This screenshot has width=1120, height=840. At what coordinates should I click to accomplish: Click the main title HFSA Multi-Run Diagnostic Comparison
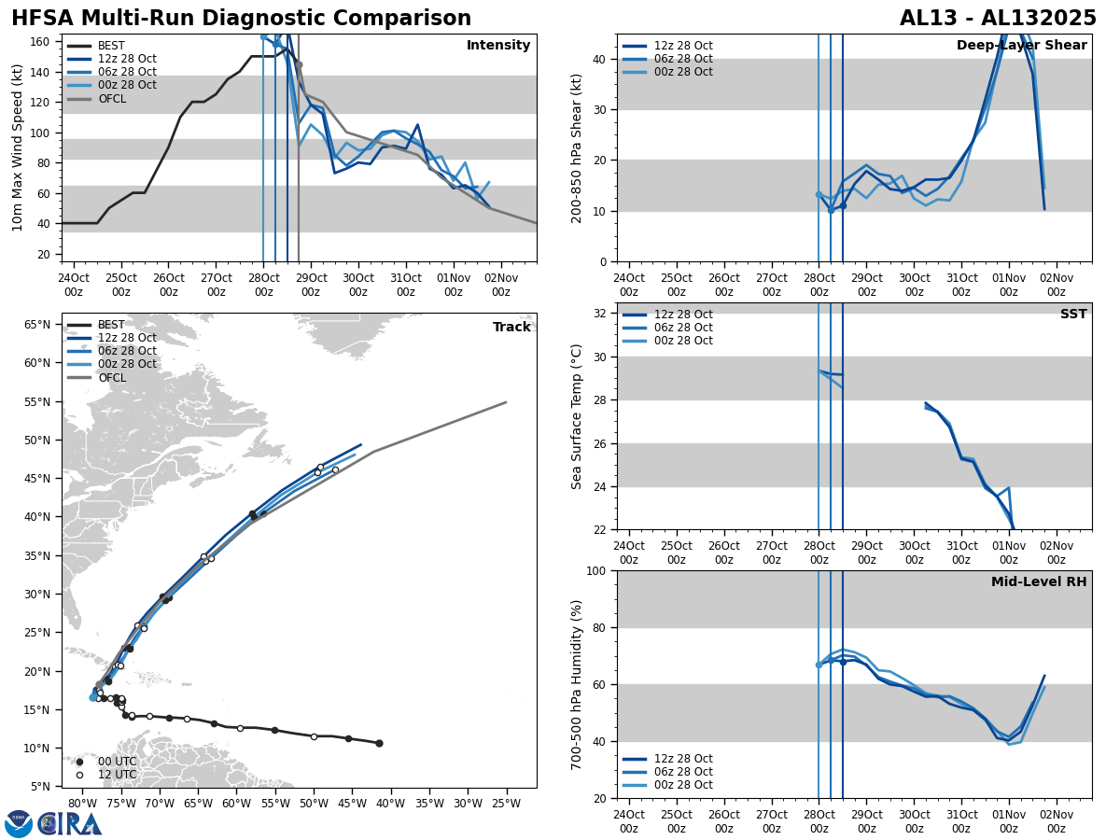pos(241,19)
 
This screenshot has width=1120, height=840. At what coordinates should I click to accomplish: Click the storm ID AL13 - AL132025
pos(998,19)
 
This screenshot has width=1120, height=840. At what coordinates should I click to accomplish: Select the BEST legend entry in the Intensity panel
pos(110,46)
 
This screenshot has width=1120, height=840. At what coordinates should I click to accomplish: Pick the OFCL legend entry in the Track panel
pos(111,378)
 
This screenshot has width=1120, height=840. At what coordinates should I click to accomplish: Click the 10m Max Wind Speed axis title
pos(18,147)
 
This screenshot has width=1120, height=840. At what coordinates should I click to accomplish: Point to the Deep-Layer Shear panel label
pos(1021,46)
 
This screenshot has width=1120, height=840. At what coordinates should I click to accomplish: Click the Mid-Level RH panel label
pos(1038,582)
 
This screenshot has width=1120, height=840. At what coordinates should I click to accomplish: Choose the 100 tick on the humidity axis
pos(598,571)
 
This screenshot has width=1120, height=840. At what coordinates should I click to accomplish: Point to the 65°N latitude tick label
pos(37,325)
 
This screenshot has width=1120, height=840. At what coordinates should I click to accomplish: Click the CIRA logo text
pos(69,823)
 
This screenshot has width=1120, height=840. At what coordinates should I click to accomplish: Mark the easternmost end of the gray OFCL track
pos(506,402)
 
